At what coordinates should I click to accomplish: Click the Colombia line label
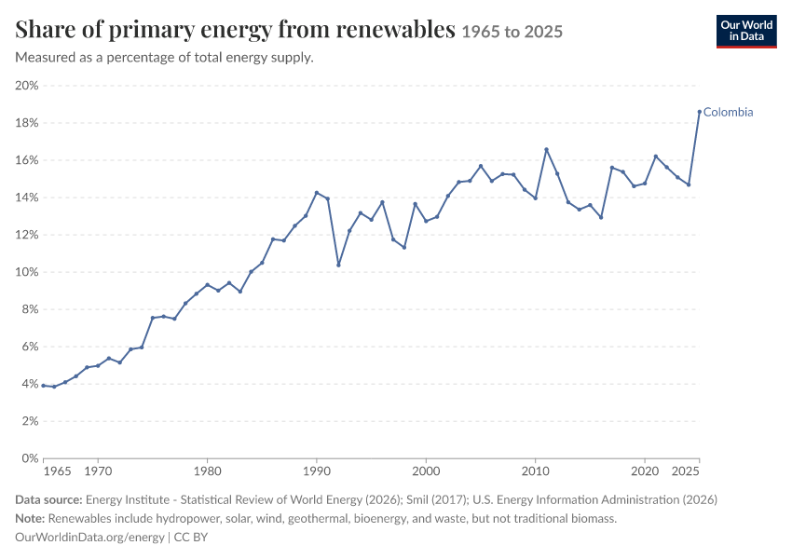pos(728,112)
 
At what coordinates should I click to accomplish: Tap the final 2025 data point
pos(700,112)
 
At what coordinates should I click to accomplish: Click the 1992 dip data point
pos(338,266)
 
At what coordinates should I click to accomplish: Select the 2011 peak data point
pos(547,149)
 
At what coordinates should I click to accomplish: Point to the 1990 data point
pos(317,193)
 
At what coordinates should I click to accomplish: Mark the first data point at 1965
pos(44,386)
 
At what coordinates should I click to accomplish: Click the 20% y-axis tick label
pos(27,86)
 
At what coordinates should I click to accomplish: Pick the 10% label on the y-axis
pos(27,272)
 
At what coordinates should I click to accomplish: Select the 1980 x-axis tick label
pos(207,471)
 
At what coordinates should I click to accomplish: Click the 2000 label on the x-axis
pos(426,471)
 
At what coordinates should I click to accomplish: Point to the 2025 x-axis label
pos(686,471)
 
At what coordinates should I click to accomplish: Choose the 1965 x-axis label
pos(57,471)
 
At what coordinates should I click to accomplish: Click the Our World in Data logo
pos(746,32)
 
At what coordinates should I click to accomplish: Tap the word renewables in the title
pos(395,30)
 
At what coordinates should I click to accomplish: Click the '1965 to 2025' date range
pos(512,32)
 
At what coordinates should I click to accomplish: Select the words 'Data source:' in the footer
pos(48,499)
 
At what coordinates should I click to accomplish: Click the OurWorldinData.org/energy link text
pos(89,537)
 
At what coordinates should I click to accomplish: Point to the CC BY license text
pos(191,537)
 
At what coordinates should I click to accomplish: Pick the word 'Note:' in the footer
pos(31,518)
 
